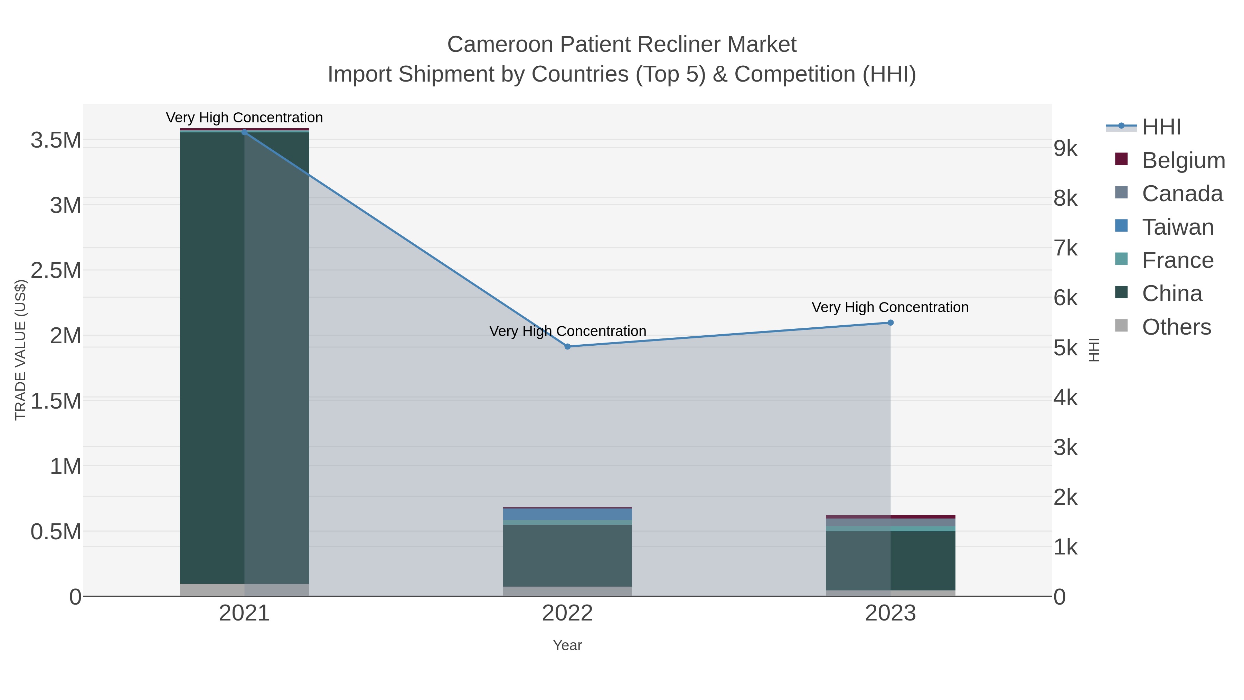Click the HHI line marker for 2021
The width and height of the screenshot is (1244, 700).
point(244,132)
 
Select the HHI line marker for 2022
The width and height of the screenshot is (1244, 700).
point(567,346)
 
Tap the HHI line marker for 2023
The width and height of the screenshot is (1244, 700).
point(890,323)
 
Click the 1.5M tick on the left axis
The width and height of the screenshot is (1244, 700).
point(56,401)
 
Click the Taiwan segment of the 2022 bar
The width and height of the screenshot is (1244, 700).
point(567,514)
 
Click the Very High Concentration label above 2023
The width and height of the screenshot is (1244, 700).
point(890,307)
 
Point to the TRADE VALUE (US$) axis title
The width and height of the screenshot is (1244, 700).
point(20,350)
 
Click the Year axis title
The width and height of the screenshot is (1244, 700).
point(567,645)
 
